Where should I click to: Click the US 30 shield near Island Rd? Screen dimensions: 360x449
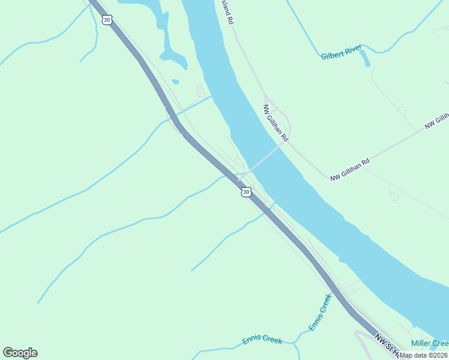[107, 20]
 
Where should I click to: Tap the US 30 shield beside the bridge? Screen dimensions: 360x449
[246, 192]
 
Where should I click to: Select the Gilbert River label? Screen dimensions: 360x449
[340, 56]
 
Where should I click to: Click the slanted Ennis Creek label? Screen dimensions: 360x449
[320, 312]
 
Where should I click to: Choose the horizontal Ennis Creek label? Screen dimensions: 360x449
[262, 340]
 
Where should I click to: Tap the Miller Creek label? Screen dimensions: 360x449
[429, 343]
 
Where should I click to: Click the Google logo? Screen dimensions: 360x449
[20, 353]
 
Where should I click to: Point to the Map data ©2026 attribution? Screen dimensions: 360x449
[424, 355]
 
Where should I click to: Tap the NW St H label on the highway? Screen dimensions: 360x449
[384, 344]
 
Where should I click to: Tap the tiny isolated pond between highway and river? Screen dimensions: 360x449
[175, 82]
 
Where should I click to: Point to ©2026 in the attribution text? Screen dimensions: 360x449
[436, 355]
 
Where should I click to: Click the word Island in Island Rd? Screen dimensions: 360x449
[228, 8]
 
